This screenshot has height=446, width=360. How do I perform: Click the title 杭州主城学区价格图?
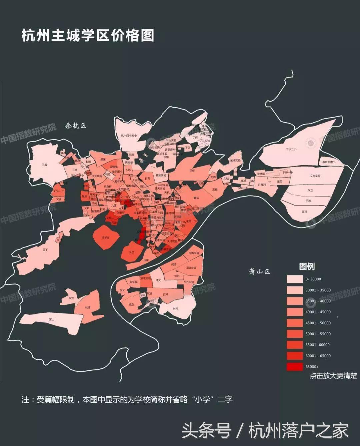(88, 35)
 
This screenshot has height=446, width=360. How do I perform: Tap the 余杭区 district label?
(76, 126)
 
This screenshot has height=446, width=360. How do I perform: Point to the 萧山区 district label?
(259, 271)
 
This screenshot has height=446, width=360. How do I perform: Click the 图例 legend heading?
(307, 266)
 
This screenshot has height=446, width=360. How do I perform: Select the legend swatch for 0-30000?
(295, 279)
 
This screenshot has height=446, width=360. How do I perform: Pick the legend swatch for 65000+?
(295, 367)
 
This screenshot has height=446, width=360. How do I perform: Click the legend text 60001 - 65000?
(318, 356)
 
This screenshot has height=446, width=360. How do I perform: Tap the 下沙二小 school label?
(291, 150)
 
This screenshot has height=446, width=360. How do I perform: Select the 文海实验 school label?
(315, 176)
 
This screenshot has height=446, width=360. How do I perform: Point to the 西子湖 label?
(106, 237)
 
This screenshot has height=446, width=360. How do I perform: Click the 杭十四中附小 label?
(129, 136)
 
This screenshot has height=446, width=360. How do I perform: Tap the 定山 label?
(51, 319)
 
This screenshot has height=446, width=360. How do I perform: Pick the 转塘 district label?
(88, 307)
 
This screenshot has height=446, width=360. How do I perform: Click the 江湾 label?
(304, 212)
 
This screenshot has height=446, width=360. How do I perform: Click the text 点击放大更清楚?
(333, 376)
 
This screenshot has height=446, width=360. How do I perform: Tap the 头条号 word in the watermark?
(206, 430)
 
